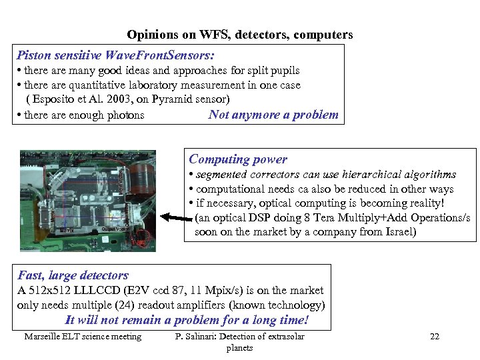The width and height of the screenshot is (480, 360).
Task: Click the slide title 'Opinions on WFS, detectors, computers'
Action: pos(240,35)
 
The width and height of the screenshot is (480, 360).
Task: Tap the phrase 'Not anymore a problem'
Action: pos(273,115)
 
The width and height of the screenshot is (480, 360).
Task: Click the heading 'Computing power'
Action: pos(238,159)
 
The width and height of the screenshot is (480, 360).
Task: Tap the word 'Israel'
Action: pos(397,232)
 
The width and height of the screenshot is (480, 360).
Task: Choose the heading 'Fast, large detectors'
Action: pos(73,275)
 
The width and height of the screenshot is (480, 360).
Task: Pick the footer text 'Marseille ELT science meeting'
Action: pos(83,337)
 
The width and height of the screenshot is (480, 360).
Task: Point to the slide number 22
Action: pos(435,337)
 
